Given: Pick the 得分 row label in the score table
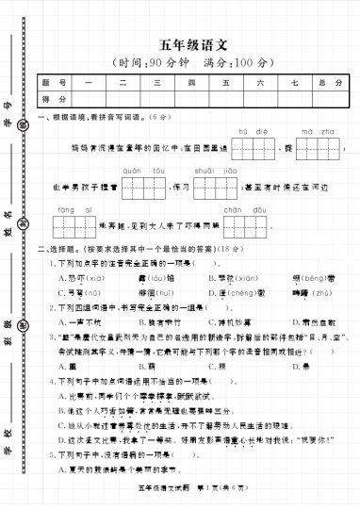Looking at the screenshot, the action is click(x=54, y=98).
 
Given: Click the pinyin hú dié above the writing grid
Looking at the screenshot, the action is click(x=248, y=132).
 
